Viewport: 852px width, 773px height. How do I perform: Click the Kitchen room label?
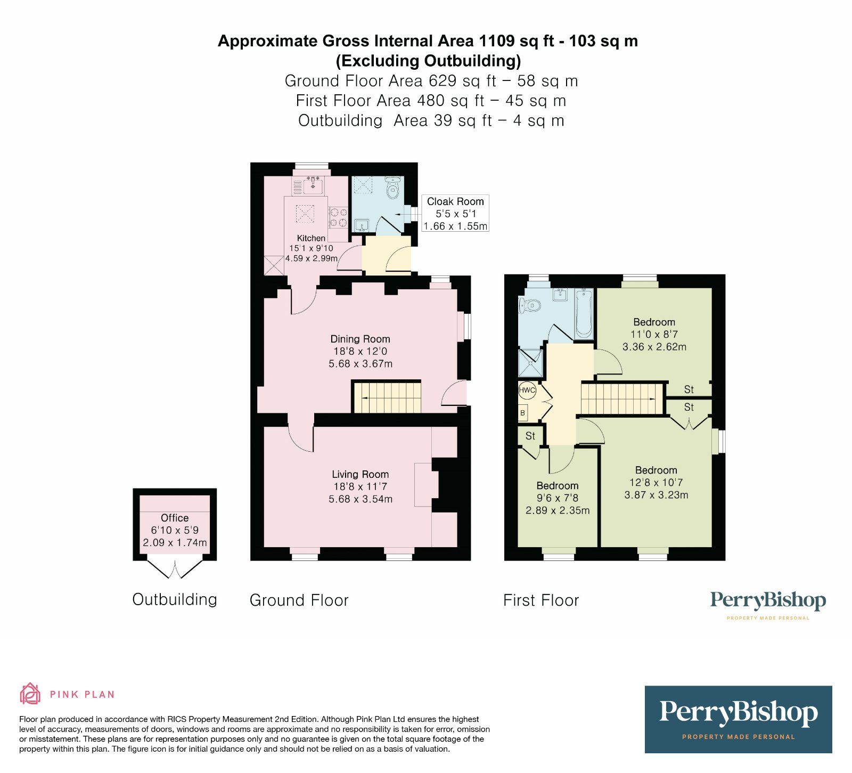tap(312, 238)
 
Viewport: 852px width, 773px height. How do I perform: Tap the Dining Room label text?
tap(361, 339)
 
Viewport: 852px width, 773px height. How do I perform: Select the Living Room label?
tap(361, 474)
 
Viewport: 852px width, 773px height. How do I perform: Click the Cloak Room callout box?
tap(455, 213)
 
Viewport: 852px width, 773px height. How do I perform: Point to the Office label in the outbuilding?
tap(175, 518)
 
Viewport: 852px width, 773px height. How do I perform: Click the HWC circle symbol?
tap(527, 390)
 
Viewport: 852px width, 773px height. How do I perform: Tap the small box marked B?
tap(523, 413)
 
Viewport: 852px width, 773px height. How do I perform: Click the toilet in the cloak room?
tap(394, 187)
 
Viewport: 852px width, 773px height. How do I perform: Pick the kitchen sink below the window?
tap(314, 185)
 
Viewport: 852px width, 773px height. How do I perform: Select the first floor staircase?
tap(621, 399)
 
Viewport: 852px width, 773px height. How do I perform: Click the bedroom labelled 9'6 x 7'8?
tap(558, 498)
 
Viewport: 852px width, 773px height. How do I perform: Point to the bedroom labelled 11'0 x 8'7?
tap(654, 335)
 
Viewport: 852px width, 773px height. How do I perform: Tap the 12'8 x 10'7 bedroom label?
tap(656, 483)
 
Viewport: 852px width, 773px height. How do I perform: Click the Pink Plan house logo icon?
tap(30, 694)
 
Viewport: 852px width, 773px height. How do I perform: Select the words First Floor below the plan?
tap(541, 600)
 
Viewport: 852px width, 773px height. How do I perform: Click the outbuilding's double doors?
tap(175, 569)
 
